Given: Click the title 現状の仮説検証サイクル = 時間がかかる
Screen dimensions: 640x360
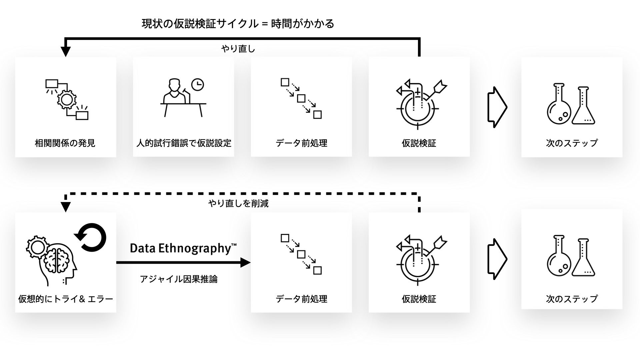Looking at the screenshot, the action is pos(238,24).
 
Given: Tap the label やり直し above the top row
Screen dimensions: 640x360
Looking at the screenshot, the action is pos(238,49).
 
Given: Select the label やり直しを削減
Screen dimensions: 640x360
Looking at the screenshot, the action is pos(238,203).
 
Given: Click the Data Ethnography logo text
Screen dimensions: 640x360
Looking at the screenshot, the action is pos(183,249).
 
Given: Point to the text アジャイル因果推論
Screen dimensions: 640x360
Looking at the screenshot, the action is pos(179,279).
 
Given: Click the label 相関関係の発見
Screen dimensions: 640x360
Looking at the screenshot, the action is pos(65,143).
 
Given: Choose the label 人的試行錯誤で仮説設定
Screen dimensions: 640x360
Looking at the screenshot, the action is pos(184,143).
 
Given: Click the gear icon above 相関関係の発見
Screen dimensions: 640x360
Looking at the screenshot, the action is pos(67,99).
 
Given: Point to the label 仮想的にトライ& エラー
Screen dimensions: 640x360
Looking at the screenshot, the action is pos(66,299).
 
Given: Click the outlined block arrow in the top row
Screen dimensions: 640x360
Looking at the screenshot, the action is pos(497,107).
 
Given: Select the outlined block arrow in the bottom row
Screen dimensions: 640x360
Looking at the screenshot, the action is pos(497,259).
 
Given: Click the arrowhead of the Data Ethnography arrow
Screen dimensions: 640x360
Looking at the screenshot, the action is pos(245,263).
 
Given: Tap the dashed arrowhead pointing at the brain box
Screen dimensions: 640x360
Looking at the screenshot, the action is pos(66,207).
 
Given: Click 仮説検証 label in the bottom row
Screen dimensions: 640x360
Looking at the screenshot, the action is pos(419,299).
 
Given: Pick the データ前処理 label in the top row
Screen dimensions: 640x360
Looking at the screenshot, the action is pos(301,143).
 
